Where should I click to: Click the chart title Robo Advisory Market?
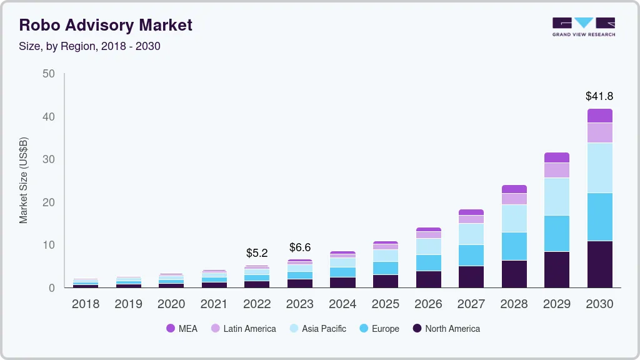coord(106,25)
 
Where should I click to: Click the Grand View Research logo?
coord(583,26)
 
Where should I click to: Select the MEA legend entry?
coord(182,328)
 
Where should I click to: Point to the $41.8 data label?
coord(599,96)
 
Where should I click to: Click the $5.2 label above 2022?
coord(257,253)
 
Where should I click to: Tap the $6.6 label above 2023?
coord(300,247)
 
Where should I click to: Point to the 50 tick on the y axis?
coord(49,74)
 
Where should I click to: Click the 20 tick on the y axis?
coord(49,202)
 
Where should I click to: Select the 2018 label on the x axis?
coord(85,304)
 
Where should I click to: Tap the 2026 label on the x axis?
coord(428,304)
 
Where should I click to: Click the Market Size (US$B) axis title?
coord(24,180)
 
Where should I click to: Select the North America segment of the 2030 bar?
coord(599,264)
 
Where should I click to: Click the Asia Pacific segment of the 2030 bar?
coord(599,167)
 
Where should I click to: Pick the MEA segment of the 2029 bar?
coord(557,157)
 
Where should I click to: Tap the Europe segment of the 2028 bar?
coord(514,246)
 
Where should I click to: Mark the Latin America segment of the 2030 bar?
coord(599,132)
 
